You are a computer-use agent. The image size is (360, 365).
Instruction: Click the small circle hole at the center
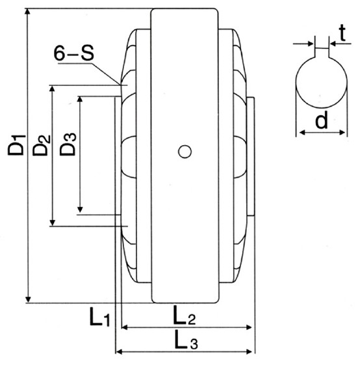(x=185, y=152)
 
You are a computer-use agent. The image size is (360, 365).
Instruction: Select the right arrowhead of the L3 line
(x=250, y=353)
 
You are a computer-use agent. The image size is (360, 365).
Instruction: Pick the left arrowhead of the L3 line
(x=119, y=353)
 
